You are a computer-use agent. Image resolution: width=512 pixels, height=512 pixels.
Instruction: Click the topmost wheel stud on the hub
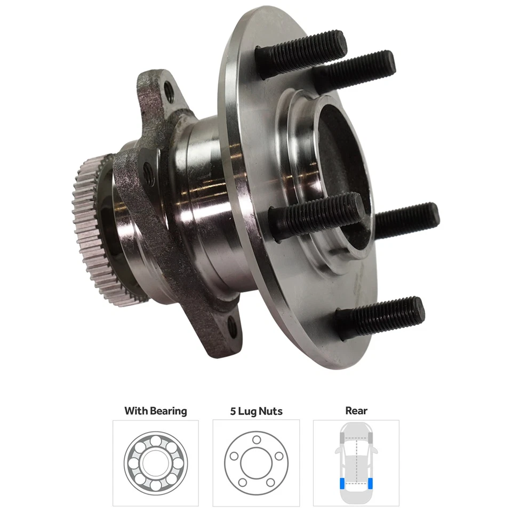point(301,47)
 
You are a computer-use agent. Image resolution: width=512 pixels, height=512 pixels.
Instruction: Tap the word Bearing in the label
point(168,411)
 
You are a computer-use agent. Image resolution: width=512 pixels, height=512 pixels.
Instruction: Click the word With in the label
point(136,411)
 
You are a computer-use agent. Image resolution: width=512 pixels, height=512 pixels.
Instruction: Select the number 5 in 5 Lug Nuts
point(232,411)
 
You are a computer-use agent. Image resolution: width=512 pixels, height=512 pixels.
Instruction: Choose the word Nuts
point(272,411)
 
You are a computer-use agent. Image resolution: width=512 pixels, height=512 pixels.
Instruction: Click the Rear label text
point(356,411)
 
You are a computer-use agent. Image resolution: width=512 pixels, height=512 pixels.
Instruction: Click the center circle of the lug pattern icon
point(256,462)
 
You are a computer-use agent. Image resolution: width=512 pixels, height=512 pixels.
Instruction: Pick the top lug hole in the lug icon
point(256,439)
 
